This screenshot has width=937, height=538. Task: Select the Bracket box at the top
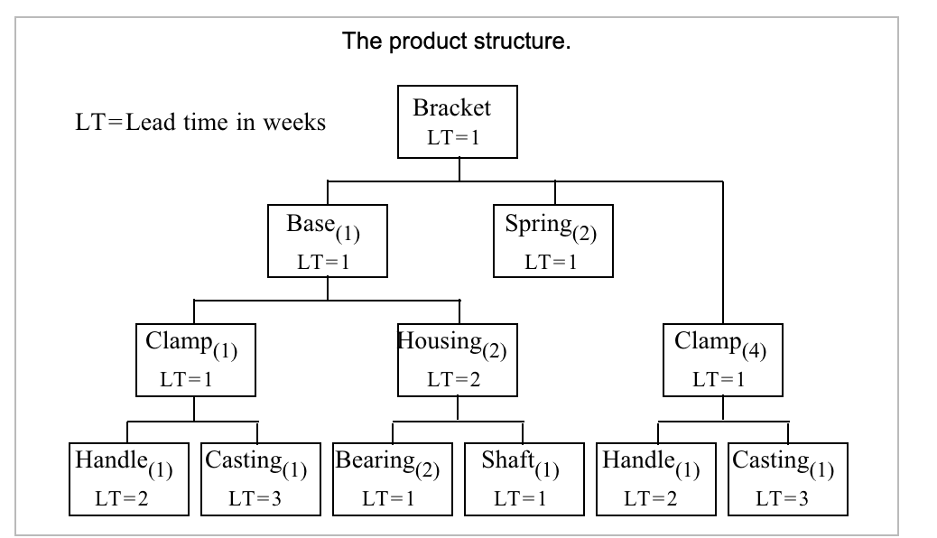(459, 121)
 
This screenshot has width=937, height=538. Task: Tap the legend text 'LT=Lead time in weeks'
(199, 123)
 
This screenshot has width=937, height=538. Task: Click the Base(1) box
(327, 240)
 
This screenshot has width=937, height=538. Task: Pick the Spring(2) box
(553, 240)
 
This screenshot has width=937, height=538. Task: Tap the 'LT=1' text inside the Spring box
(552, 261)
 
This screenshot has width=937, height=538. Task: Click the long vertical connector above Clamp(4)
(723, 253)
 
